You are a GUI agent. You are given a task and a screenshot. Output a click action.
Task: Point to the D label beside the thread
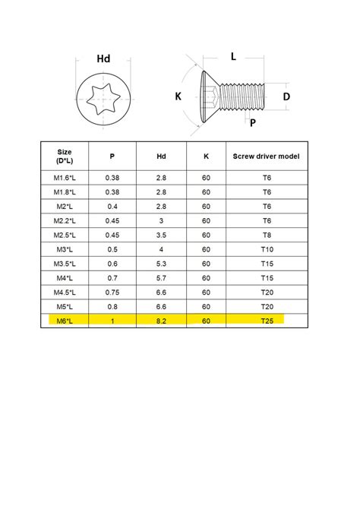[x=286, y=96]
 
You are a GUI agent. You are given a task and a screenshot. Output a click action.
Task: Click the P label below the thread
[x=252, y=122]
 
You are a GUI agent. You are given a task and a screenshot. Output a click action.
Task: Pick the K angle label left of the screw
[x=178, y=96]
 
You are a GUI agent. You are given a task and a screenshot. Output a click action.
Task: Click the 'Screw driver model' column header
[x=266, y=156]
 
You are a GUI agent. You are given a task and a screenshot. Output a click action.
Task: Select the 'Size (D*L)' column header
[x=64, y=156]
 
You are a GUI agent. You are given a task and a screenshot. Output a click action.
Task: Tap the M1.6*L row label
[x=64, y=178]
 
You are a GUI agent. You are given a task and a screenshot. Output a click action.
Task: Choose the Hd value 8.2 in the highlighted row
[x=162, y=321]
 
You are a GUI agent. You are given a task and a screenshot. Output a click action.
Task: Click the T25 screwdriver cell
[x=267, y=321]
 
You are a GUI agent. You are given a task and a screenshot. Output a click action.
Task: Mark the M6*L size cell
[x=64, y=321]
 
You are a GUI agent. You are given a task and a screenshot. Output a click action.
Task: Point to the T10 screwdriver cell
[x=267, y=249]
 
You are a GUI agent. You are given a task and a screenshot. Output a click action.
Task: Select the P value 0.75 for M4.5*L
[x=112, y=292]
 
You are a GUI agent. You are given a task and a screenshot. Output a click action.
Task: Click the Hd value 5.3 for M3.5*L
[x=162, y=264]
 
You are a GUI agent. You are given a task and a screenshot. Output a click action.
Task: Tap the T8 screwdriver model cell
[x=267, y=235]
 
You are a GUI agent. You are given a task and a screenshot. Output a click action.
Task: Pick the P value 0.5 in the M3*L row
[x=112, y=249]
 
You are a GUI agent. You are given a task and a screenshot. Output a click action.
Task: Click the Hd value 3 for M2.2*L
[x=162, y=220]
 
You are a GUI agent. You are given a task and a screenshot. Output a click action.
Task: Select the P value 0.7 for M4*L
[x=112, y=278]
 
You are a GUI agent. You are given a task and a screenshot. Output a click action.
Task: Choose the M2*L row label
[x=64, y=207]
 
